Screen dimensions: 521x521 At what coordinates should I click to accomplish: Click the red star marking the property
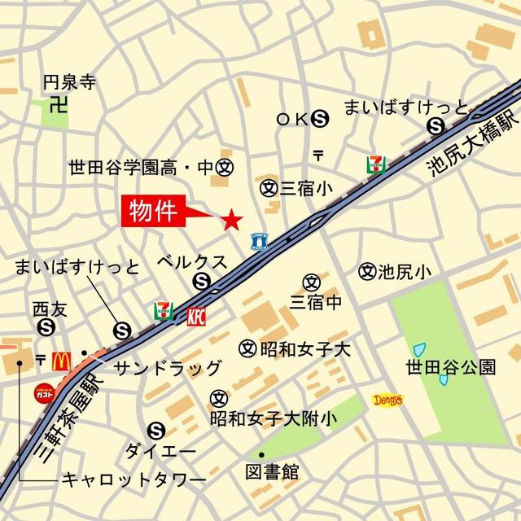[232, 218]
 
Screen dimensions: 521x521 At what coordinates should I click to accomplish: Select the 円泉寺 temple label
[69, 81]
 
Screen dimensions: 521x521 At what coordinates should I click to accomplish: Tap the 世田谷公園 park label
[450, 367]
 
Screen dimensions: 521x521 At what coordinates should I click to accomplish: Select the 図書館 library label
[272, 471]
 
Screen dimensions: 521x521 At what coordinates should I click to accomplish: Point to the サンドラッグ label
[167, 367]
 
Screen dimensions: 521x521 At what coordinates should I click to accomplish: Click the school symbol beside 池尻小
[366, 270]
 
